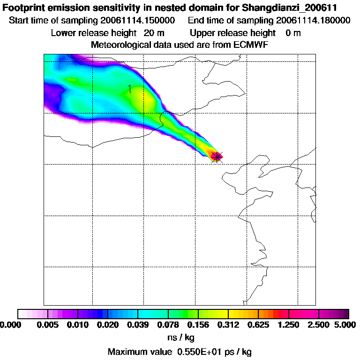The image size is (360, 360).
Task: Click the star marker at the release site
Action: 216,156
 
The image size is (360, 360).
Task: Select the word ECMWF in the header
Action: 250,45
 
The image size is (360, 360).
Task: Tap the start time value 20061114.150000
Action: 139,21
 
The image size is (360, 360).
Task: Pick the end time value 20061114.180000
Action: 314,21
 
